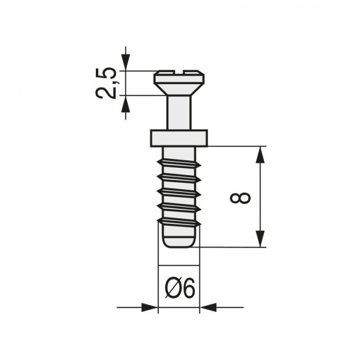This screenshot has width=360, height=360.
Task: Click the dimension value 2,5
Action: click(106, 83)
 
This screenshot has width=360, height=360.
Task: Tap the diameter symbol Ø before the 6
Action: click(172, 289)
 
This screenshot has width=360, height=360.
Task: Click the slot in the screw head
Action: click(178, 72)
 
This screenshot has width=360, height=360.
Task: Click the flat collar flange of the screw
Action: click(178, 138)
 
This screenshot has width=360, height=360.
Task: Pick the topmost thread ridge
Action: click(178, 164)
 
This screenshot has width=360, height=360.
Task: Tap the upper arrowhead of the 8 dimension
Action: click(260, 155)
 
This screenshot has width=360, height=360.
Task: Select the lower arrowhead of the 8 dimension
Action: click(260, 239)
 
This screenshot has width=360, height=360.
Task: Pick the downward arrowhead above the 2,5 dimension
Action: click(126, 63)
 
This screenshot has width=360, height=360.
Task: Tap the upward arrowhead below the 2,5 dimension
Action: click(126, 103)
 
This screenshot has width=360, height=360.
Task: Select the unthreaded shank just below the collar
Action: click(178, 152)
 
